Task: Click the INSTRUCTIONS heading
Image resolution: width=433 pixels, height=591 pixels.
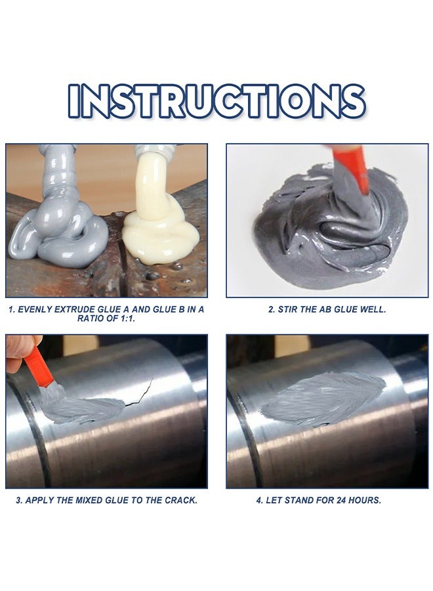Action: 216,101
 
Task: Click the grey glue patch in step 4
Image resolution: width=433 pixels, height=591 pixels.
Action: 321,397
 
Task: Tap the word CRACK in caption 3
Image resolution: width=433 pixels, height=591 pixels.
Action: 179,500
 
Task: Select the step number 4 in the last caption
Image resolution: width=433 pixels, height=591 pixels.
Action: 259,500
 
